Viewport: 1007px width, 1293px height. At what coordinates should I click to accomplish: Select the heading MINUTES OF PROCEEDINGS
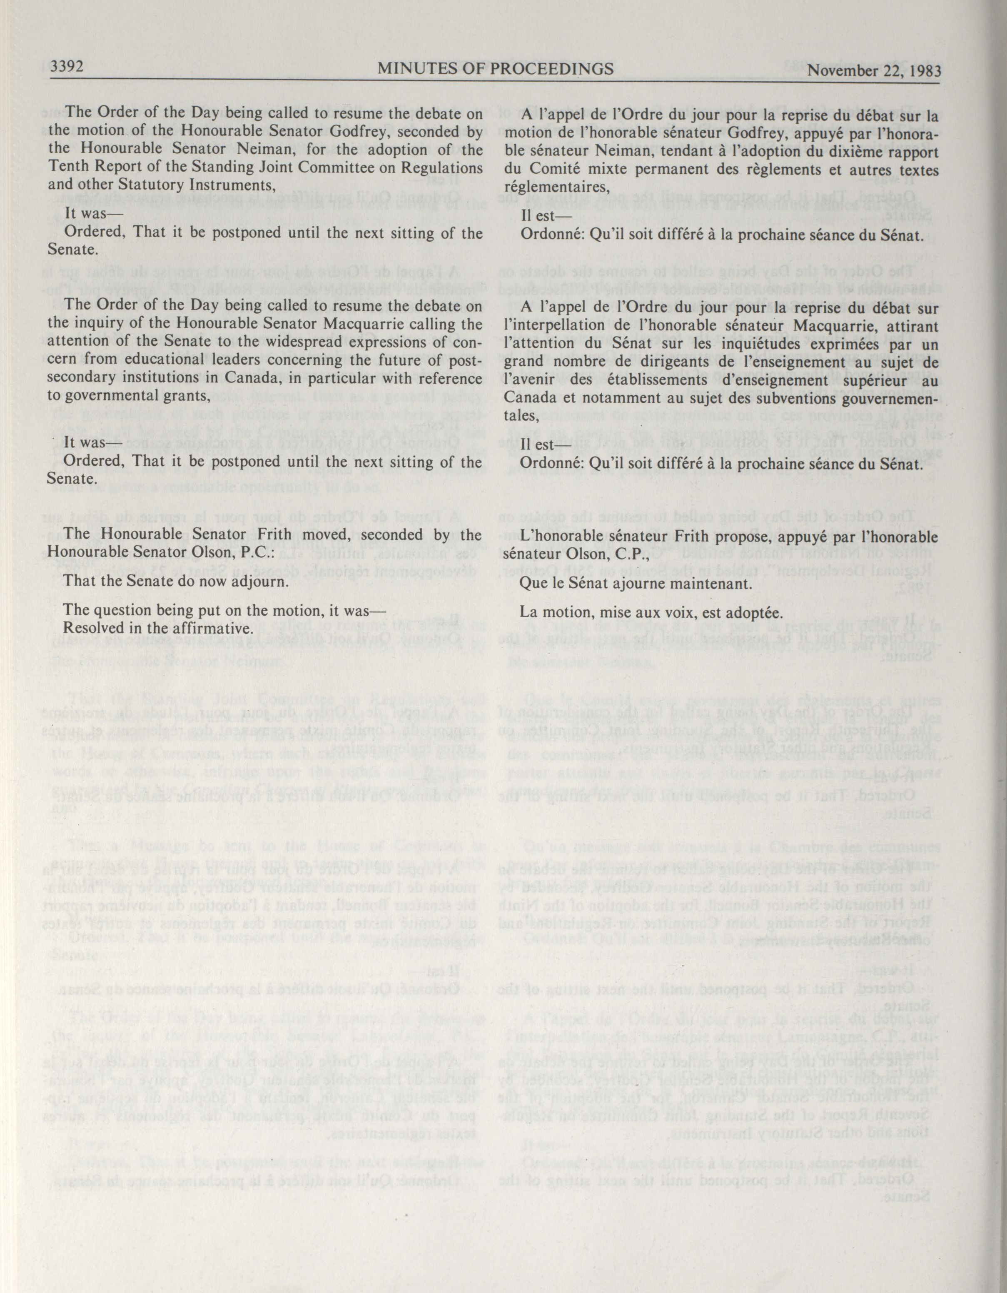(x=496, y=69)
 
